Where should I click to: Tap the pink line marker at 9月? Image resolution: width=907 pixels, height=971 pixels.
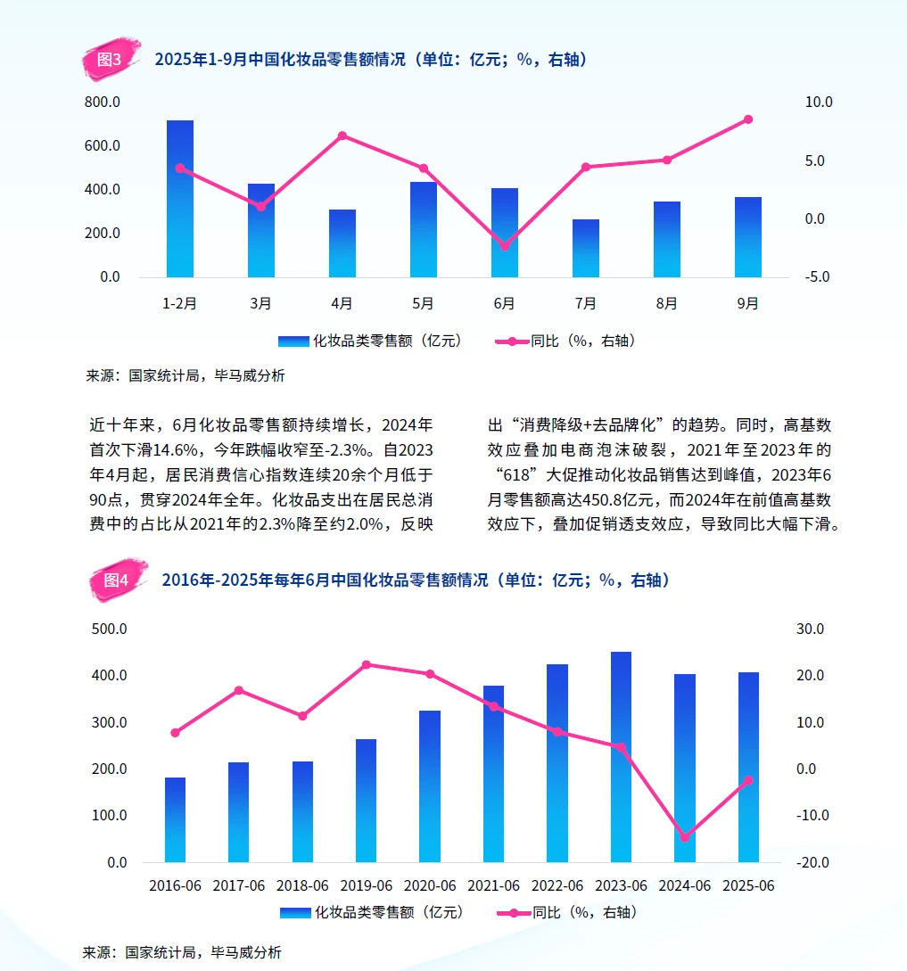(748, 119)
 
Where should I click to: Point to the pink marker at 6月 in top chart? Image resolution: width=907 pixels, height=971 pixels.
(505, 246)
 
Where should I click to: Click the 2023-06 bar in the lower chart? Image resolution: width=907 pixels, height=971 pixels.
(621, 757)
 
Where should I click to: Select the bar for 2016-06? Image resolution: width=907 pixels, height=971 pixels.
(175, 819)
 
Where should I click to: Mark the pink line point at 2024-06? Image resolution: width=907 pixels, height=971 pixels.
(685, 837)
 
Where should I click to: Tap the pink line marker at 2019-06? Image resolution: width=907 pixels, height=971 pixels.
(367, 665)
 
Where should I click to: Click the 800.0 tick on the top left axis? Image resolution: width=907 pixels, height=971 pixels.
(103, 103)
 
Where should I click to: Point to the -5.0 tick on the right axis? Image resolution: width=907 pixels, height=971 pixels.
(817, 277)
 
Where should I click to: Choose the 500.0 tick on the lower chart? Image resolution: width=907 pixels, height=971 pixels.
(109, 630)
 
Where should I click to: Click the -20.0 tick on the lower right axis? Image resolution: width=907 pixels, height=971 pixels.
(812, 862)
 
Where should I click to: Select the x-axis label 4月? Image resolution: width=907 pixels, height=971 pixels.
(342, 304)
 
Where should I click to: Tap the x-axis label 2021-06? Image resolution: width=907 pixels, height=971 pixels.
(494, 885)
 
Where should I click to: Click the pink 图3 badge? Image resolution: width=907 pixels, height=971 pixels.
(113, 60)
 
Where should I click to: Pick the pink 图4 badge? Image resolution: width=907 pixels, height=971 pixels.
(117, 580)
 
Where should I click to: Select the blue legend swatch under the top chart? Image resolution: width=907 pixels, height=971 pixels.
(292, 341)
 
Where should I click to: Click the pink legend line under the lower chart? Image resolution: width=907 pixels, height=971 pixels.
(512, 912)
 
